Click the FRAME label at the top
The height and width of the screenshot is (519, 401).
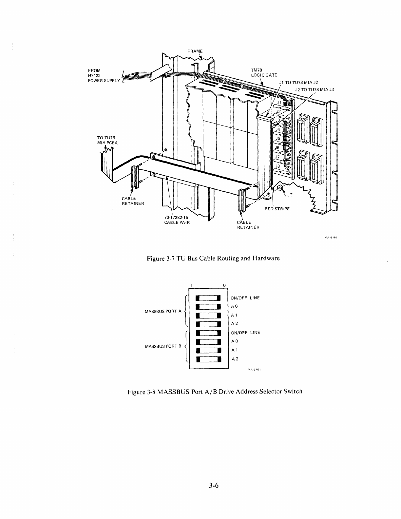pos(195,51)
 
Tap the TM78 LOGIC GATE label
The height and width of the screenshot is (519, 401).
pos(264,73)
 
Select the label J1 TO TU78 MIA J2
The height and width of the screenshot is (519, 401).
pos(298,83)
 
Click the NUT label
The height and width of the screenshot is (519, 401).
pos(287,195)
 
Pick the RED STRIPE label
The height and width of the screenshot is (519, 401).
pos(277,209)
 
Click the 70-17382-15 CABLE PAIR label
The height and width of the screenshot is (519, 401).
pos(177,220)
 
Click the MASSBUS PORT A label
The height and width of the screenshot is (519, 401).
pos(163,311)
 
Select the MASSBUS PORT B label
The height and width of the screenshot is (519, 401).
pos(163,346)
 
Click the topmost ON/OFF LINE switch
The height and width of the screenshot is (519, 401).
pos(208,298)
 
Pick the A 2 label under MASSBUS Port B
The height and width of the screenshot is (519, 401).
pos(235,359)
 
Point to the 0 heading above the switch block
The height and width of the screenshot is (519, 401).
pos(224,285)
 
